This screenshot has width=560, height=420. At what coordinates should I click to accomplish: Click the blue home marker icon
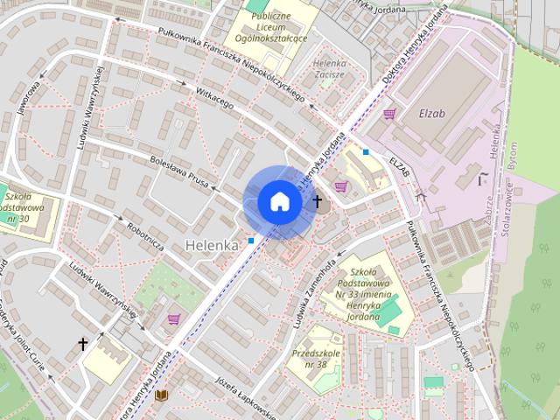(279, 201)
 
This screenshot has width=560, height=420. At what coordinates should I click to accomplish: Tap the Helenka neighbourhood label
(212, 246)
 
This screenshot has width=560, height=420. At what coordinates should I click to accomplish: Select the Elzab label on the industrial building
(432, 113)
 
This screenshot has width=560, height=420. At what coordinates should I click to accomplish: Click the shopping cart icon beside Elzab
(389, 113)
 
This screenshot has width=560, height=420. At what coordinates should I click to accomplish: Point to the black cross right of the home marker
(317, 201)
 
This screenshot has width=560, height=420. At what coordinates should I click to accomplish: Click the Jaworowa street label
(27, 98)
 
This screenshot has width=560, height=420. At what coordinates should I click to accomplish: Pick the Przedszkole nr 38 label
(310, 359)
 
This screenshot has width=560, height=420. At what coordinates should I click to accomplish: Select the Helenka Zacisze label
(329, 69)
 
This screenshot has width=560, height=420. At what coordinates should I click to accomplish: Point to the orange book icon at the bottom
(161, 395)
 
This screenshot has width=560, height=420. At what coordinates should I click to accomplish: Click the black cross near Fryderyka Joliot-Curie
(83, 345)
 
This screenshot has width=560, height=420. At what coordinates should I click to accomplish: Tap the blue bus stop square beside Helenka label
(251, 240)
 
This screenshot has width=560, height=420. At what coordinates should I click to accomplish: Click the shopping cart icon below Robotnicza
(173, 319)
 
